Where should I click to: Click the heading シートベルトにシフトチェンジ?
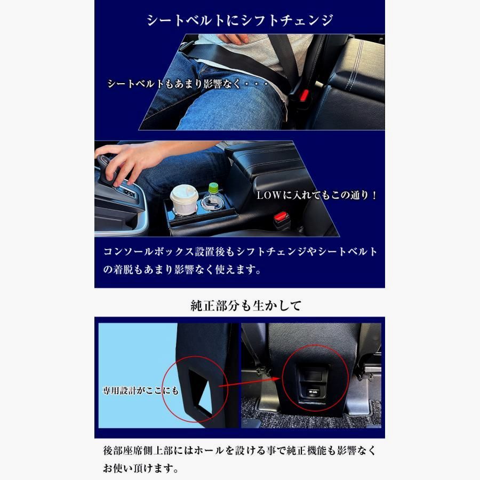[x=240, y=21]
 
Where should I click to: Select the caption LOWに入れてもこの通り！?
[x=317, y=195]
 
